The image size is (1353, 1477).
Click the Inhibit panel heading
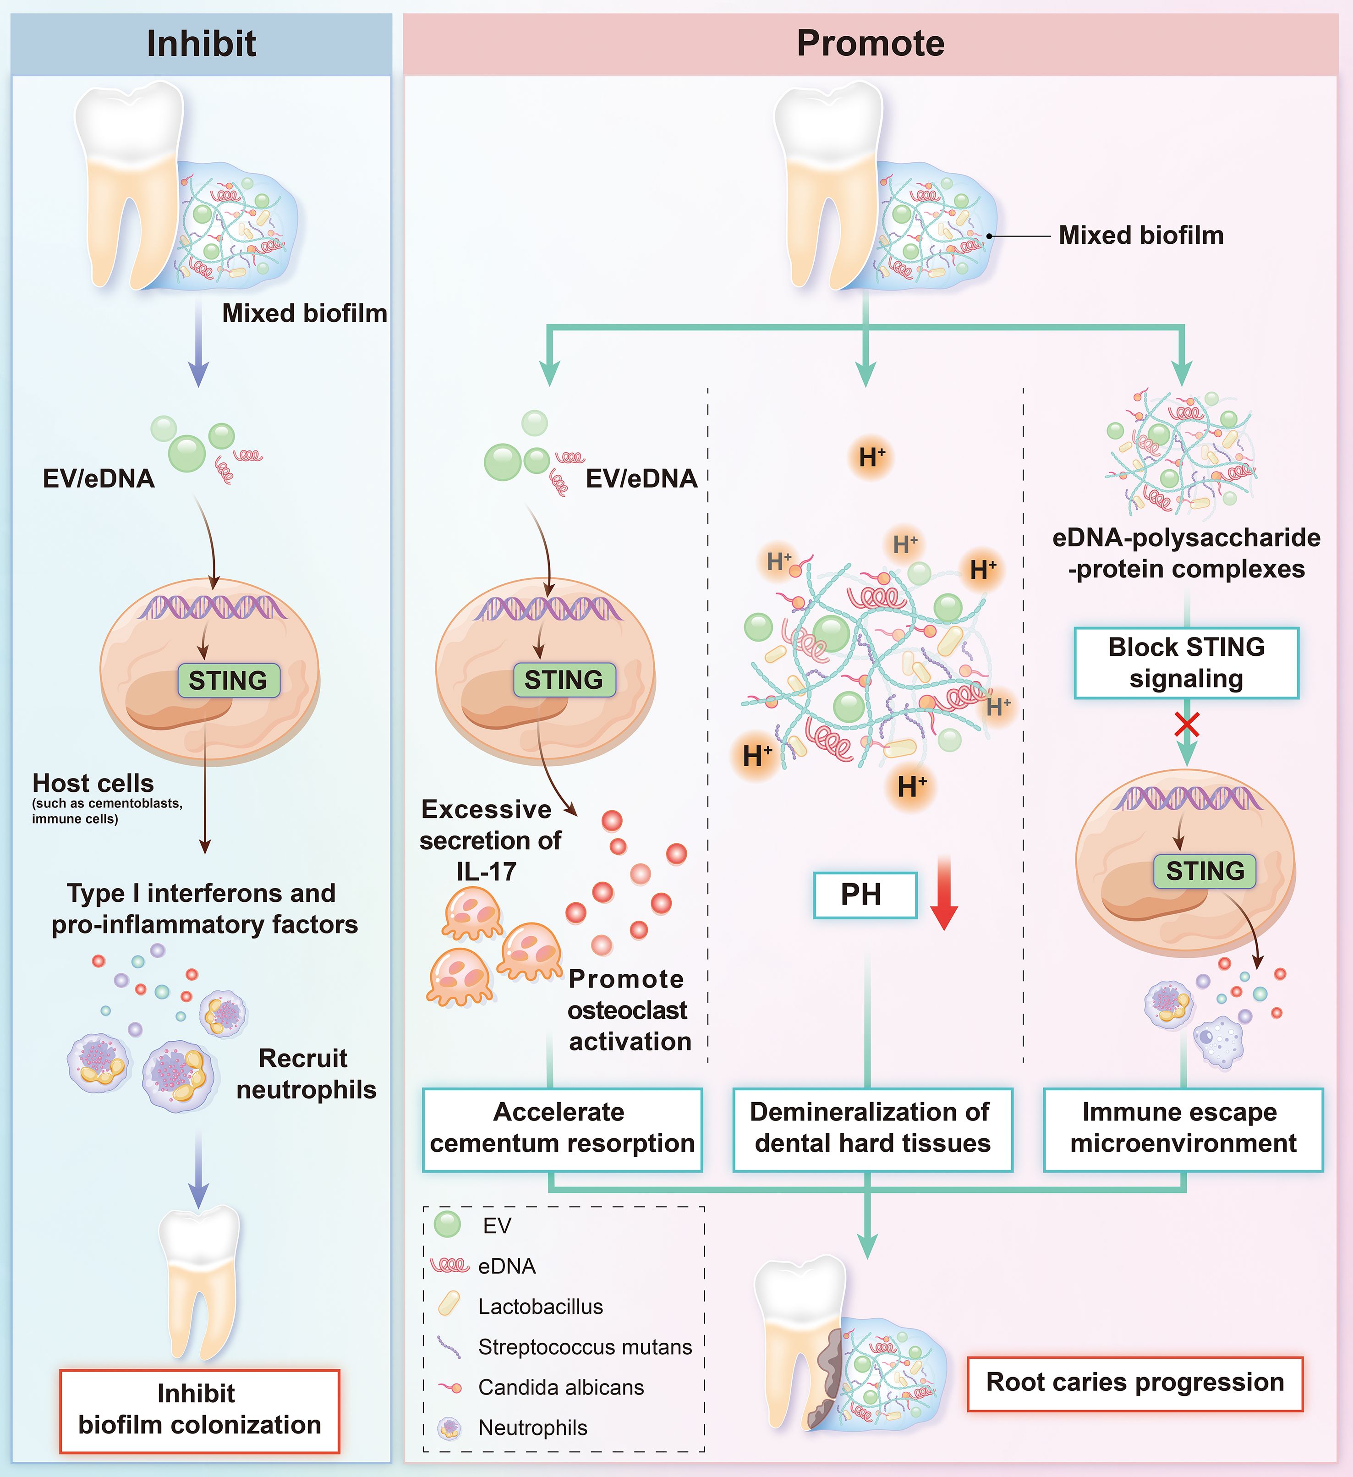click(202, 43)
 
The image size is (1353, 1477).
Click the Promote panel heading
click(870, 43)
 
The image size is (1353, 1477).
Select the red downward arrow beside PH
click(943, 892)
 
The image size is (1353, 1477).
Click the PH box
click(865, 895)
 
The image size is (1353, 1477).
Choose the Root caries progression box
click(1135, 1383)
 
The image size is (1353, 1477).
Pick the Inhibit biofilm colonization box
click(199, 1411)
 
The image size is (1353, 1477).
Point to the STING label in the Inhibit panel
click(229, 681)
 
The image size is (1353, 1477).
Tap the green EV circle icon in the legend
click(448, 1224)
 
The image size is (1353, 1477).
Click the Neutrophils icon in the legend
click(449, 1428)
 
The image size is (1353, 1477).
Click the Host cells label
click(93, 783)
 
